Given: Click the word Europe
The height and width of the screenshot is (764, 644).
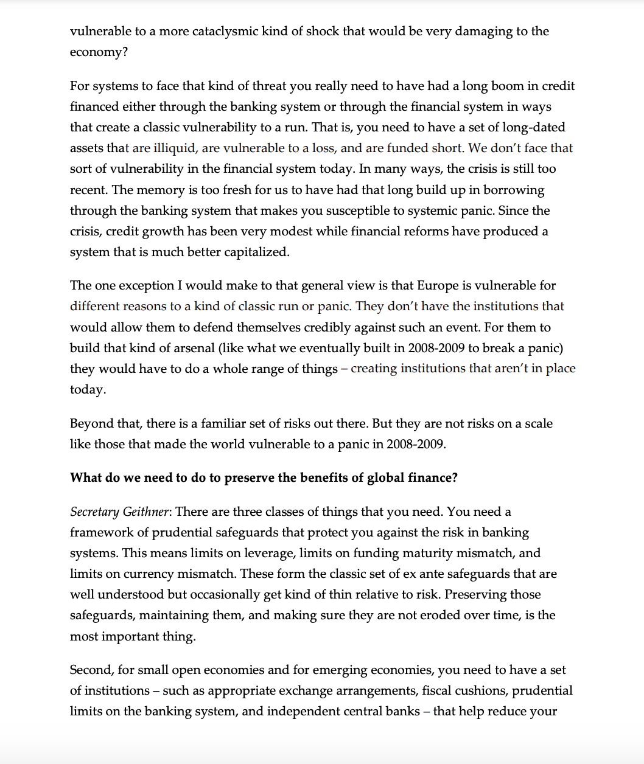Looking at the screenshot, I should [x=438, y=285].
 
